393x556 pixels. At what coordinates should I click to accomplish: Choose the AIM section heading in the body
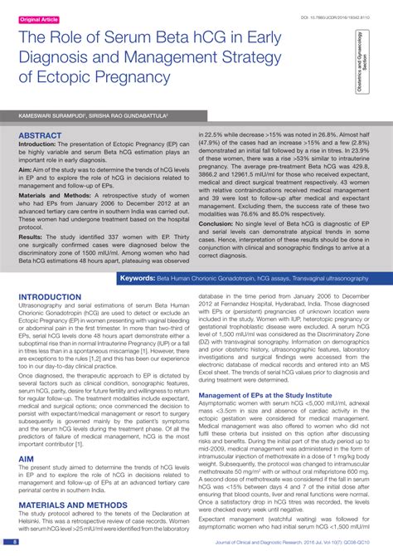27,458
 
